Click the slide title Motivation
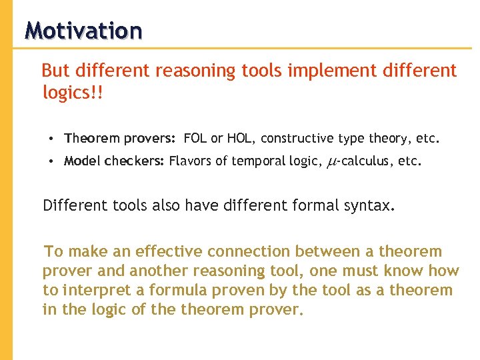[x=83, y=31]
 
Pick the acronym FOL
[x=195, y=139]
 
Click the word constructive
[x=297, y=139]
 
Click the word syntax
[x=368, y=205]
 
